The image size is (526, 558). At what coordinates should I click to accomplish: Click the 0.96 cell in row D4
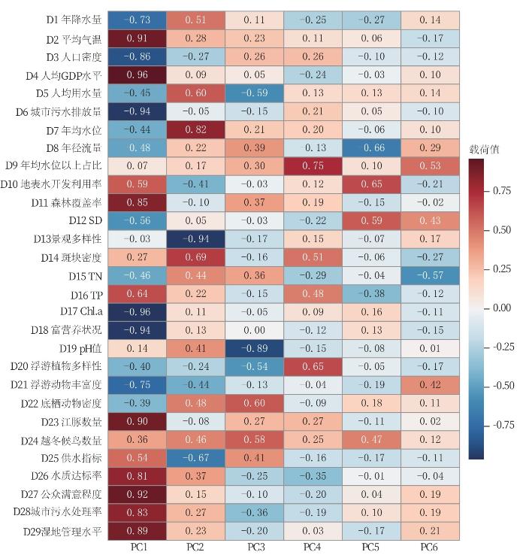pyautogui.click(x=136, y=75)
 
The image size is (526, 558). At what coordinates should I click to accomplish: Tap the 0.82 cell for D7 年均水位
pyautogui.click(x=195, y=129)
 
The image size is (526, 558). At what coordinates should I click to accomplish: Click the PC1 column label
pyautogui.click(x=136, y=547)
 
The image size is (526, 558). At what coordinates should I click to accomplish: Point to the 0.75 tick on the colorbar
pyautogui.click(x=502, y=191)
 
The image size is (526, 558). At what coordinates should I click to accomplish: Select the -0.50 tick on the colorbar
pyautogui.click(x=502, y=386)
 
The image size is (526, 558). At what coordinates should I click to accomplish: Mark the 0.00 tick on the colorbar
pyautogui.click(x=502, y=308)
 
